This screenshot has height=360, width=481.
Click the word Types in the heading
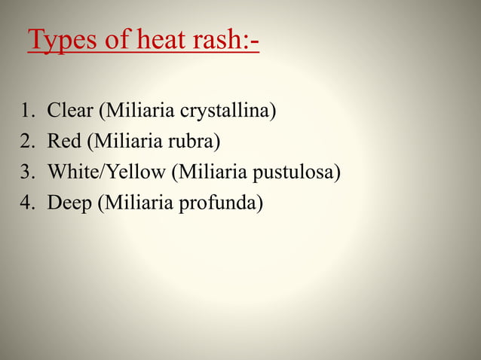coord(63,41)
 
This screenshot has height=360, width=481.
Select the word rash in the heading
coord(228,39)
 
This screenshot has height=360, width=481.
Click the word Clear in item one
coord(71,111)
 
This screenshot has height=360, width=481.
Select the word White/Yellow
coord(106,172)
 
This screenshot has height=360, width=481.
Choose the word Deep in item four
coord(69,203)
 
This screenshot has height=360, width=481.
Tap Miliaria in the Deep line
coord(136,203)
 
